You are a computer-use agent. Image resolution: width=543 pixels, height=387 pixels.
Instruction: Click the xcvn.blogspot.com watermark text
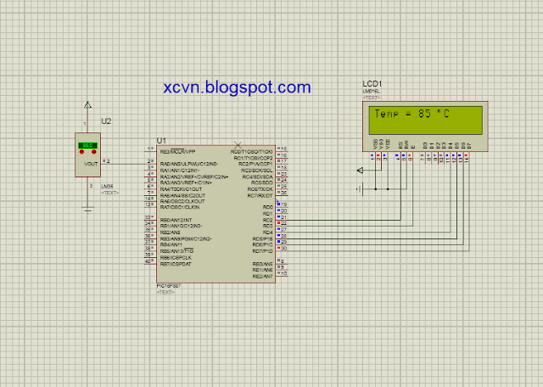pos(237,87)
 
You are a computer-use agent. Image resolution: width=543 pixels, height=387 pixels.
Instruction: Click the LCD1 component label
pos(372,83)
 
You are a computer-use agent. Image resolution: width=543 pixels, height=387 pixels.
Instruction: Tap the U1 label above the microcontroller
pos(162,139)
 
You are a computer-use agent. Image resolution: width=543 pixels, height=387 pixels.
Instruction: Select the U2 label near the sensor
pos(106,121)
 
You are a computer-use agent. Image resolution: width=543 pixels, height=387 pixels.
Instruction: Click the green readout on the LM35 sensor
pos(87,146)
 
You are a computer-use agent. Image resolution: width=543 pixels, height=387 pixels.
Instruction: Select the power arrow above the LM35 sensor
pos(87,106)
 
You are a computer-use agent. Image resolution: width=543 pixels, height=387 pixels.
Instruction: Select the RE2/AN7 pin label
pos(262,276)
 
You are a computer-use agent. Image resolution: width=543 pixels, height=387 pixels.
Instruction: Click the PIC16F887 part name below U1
pos(168,286)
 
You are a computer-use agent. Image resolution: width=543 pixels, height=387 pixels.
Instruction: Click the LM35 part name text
pos(107,186)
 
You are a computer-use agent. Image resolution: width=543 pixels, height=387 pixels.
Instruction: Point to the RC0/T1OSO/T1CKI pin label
pos(253,150)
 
